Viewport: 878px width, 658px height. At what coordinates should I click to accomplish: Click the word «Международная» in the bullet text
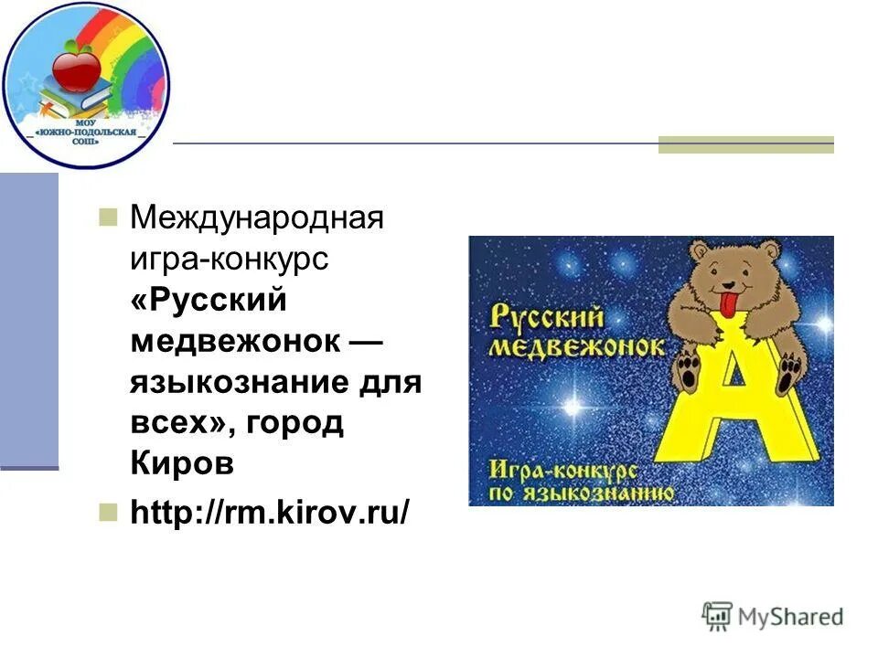point(256,219)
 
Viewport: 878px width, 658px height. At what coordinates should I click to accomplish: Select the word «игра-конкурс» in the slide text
point(229,260)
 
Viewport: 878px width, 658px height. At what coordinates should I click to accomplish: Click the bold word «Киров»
point(182,463)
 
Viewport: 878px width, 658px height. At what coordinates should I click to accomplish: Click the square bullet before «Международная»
point(109,218)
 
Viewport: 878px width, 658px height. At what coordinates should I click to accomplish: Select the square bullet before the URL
point(109,510)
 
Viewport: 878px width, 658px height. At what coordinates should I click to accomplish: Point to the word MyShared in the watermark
point(790,618)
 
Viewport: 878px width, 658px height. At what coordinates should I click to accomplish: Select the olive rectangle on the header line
point(746,144)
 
